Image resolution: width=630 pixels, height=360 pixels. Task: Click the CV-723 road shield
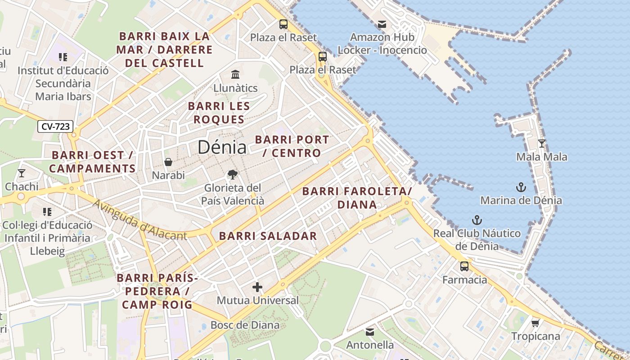tap(55, 127)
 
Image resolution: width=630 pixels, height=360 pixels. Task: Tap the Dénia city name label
tap(222, 147)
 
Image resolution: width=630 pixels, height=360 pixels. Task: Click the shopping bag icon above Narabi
tap(168, 162)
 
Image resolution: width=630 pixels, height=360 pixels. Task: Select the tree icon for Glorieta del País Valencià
tap(233, 174)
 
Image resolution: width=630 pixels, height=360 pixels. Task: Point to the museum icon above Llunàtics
tap(235, 74)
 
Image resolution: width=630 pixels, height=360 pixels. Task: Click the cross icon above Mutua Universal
tap(257, 287)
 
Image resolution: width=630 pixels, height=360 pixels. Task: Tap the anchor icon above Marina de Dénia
tap(521, 187)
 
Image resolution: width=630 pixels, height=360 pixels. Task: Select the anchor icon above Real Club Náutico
tap(477, 220)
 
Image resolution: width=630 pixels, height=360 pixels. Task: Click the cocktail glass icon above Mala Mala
tap(542, 144)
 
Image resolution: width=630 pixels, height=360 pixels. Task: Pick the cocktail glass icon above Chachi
tap(21, 173)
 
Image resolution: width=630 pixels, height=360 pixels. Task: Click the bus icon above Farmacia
tap(464, 266)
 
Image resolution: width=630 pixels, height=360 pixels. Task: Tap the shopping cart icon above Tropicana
tap(535, 323)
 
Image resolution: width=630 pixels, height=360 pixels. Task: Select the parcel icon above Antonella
tap(370, 332)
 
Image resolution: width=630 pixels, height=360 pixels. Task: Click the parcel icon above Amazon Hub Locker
tap(382, 24)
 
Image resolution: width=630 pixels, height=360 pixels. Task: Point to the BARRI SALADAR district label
tap(268, 236)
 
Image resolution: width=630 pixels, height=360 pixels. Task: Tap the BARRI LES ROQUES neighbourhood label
tap(219, 113)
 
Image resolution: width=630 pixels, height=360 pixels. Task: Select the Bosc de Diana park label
tap(245, 325)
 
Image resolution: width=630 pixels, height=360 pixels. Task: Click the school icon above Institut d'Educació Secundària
tap(63, 57)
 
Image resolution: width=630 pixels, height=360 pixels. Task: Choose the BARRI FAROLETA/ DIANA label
tap(357, 198)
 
